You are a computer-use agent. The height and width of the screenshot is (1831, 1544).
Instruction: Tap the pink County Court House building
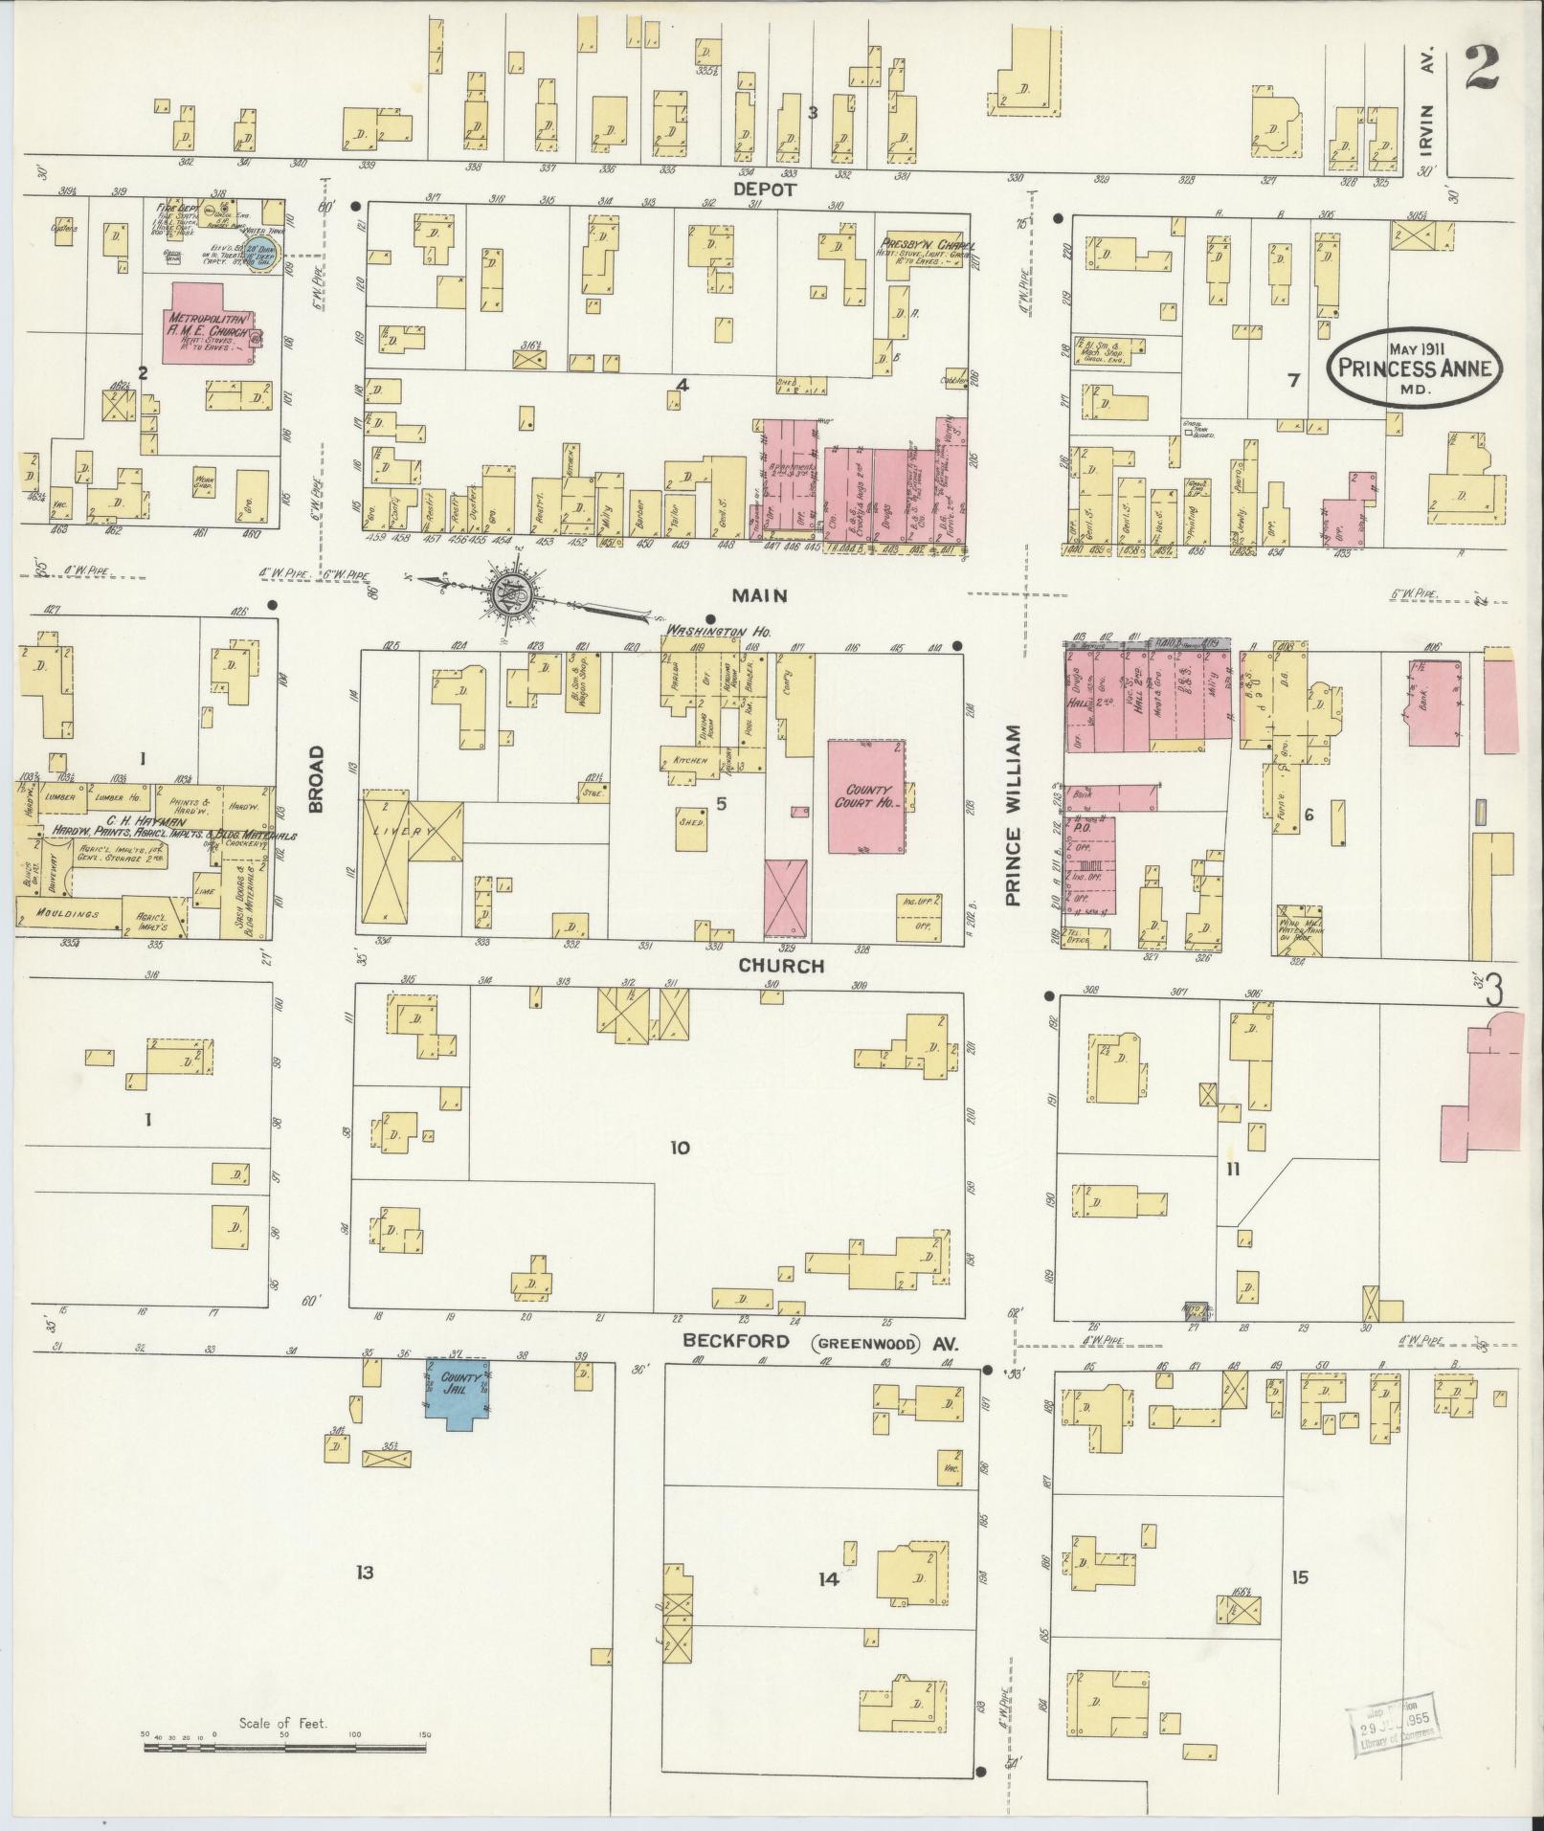866,795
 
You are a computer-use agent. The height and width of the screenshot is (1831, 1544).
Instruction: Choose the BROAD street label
317,779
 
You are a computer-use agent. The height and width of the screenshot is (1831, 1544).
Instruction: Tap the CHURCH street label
780,966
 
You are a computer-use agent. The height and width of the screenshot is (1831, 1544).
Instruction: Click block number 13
364,1572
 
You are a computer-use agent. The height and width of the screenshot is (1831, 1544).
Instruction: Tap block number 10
679,1148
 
